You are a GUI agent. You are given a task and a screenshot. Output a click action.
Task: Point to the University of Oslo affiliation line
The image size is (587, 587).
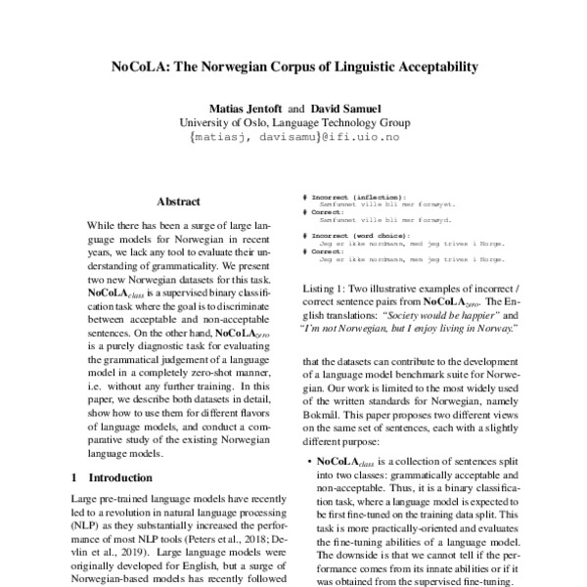tap(294, 123)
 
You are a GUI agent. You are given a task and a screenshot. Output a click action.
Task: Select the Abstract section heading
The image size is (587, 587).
tap(178, 200)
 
